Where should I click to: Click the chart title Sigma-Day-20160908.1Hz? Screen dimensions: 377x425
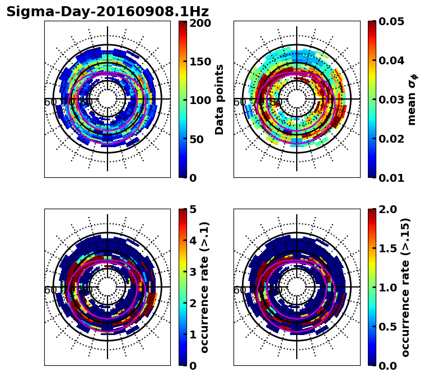click(x=108, y=12)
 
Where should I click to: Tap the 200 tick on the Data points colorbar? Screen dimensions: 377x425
click(x=200, y=23)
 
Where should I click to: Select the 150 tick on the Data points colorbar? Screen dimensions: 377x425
click(x=200, y=62)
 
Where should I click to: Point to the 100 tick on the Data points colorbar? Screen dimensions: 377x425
click(x=200, y=100)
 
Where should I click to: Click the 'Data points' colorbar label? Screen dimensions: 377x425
click(x=219, y=100)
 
